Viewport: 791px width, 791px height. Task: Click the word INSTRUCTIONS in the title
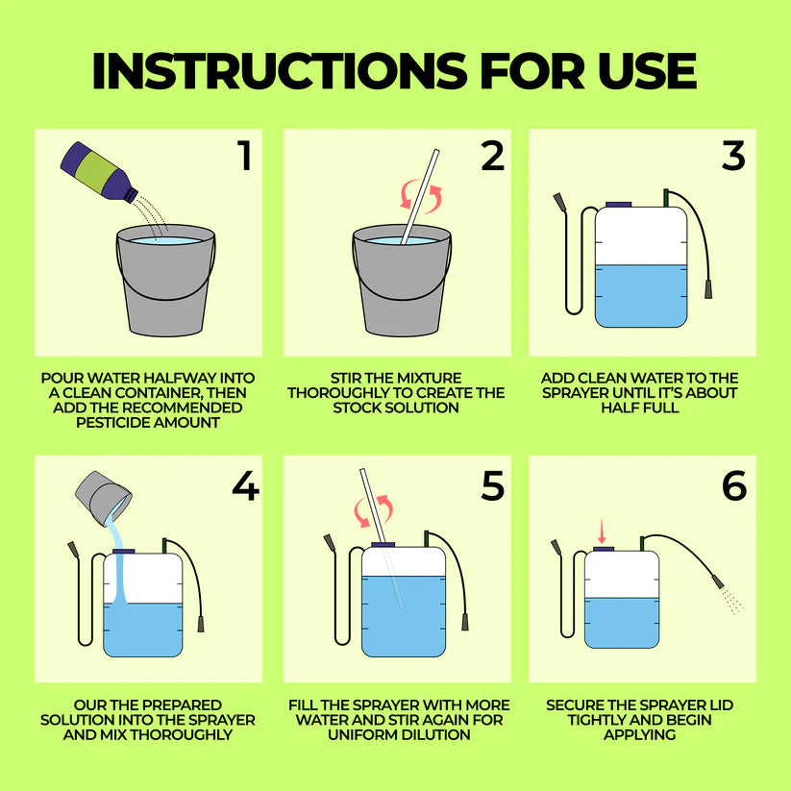point(280,70)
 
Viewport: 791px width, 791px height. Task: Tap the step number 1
point(245,156)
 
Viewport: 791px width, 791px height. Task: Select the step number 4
point(246,485)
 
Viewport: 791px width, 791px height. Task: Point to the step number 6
point(734,485)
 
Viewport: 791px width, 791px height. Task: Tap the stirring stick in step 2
point(420,197)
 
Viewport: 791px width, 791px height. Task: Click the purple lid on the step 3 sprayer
point(618,205)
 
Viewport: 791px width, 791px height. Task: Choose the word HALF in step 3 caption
point(617,408)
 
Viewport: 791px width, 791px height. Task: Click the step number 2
point(492,156)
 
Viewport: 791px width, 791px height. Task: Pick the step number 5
point(492,485)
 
